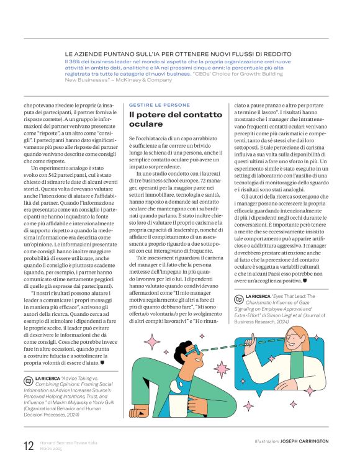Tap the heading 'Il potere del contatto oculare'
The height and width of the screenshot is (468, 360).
pos(175,119)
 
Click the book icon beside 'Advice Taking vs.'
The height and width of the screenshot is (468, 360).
pos(28,378)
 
